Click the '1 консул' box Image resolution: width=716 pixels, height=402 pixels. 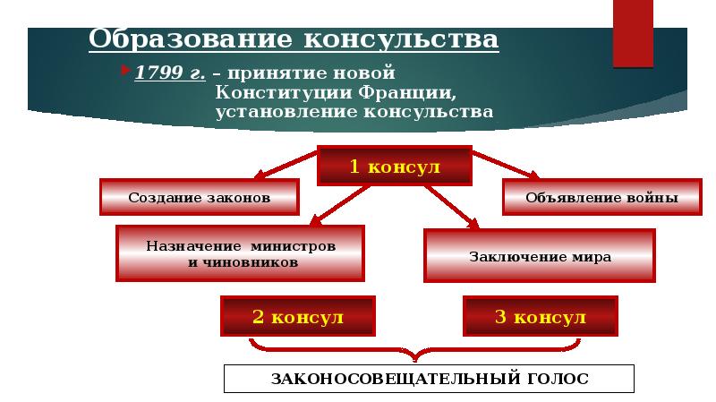pyautogui.click(x=395, y=167)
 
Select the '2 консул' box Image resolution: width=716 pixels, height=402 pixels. pyautogui.click(x=298, y=317)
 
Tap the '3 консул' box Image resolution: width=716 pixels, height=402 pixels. pyautogui.click(x=540, y=317)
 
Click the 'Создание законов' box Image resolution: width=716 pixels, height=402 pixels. pyautogui.click(x=199, y=197)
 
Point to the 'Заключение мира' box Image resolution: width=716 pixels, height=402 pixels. pyautogui.click(x=540, y=257)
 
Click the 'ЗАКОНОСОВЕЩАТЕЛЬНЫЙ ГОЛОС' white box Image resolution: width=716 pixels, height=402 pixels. pyautogui.click(x=429, y=379)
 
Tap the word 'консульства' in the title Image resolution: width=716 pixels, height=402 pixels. pyautogui.click(x=402, y=40)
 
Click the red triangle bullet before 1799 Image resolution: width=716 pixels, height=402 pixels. pyautogui.click(x=126, y=70)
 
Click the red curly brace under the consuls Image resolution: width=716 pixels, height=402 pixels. pyautogui.click(x=422, y=348)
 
